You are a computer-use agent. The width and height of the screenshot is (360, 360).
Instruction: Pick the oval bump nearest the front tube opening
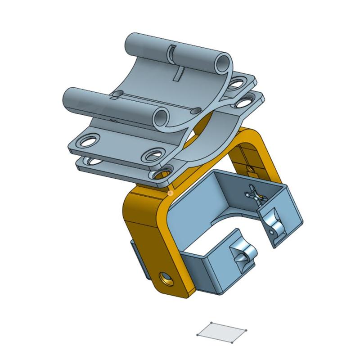click(196, 110)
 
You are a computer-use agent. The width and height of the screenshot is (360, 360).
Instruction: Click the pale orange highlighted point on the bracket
click(170, 193)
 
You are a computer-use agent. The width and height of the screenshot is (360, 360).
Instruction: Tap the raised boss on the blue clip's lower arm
click(240, 258)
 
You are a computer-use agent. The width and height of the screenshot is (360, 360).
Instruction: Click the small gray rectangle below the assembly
click(222, 333)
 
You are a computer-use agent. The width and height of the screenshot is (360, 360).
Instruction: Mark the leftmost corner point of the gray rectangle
click(198, 335)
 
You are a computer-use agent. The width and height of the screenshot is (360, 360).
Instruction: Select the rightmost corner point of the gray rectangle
click(247, 330)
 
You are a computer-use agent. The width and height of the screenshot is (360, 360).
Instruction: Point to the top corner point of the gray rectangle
click(211, 323)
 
